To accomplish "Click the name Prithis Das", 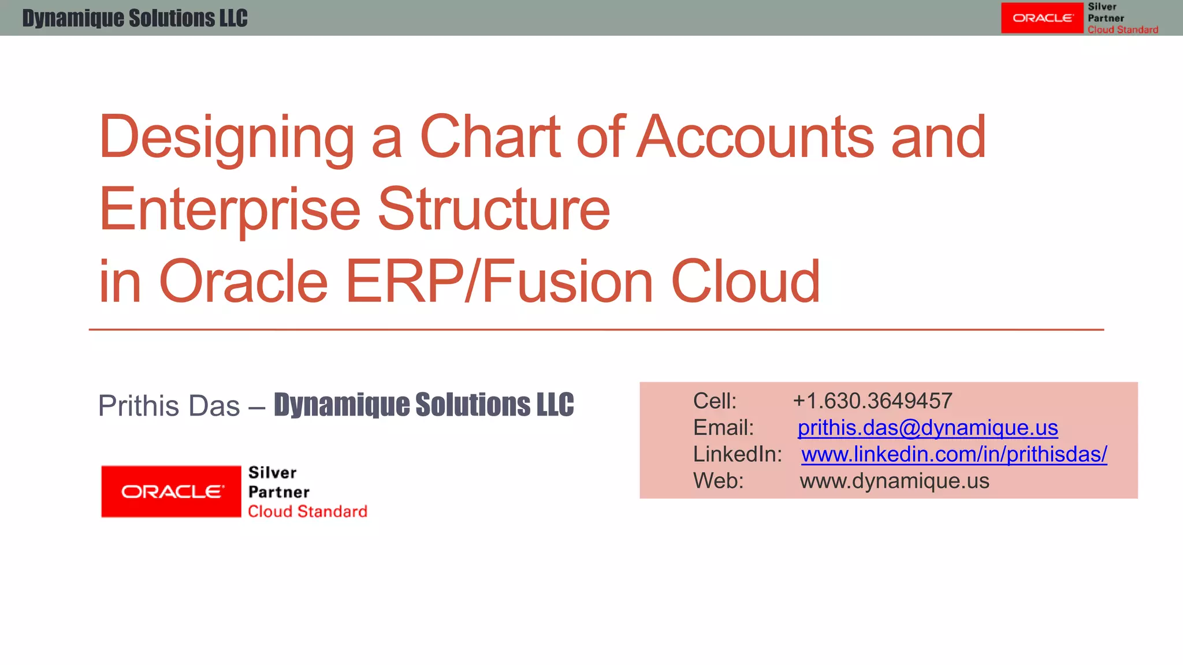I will pos(169,406).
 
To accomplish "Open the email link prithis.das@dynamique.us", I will pos(927,428).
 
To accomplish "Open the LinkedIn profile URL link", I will pos(954,454).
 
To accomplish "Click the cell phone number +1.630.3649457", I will pos(872,401).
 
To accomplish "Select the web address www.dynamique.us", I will pos(894,481).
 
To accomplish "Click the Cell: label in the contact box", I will pos(715,401).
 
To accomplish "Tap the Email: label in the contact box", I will pos(723,428).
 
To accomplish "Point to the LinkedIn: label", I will pos(737,454).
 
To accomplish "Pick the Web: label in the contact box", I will pos(718,481).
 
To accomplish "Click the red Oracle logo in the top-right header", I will pos(1042,18).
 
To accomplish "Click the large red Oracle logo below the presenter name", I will pos(171,491).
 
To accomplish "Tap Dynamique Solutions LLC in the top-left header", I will pos(135,18).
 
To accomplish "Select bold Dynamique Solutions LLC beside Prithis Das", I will pos(423,404).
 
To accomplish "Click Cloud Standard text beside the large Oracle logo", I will pos(307,511).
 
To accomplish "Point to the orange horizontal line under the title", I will pos(596,330).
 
